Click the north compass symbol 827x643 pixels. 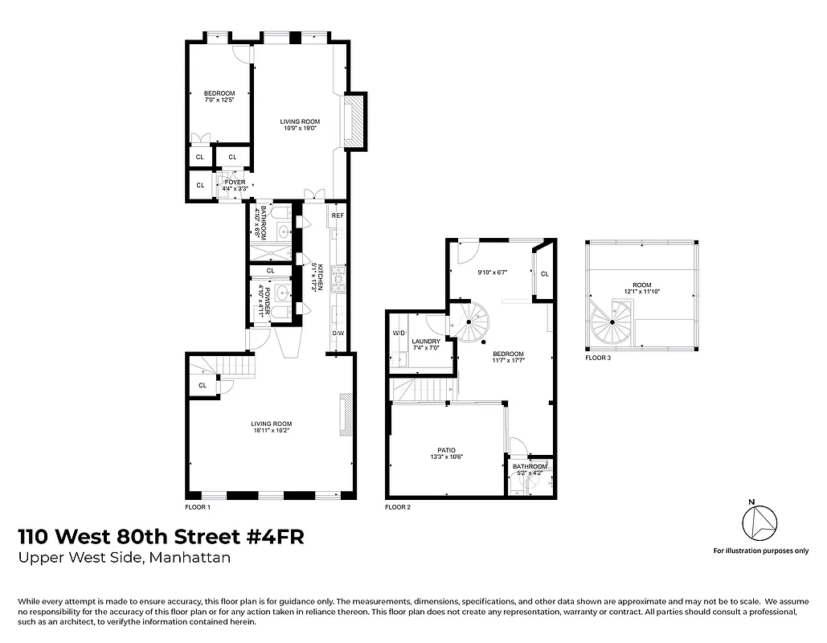(759, 525)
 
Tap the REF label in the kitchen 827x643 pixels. (338, 216)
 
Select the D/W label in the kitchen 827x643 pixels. (338, 333)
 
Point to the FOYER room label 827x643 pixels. (235, 182)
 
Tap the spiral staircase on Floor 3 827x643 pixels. (612, 321)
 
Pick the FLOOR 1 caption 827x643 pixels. (197, 507)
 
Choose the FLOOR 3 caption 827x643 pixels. (598, 358)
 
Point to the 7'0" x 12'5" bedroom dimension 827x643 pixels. (219, 99)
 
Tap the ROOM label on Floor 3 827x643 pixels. (641, 285)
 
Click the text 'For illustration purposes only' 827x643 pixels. (760, 551)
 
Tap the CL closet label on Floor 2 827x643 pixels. (544, 273)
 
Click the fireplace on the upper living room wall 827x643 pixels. (354, 121)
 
